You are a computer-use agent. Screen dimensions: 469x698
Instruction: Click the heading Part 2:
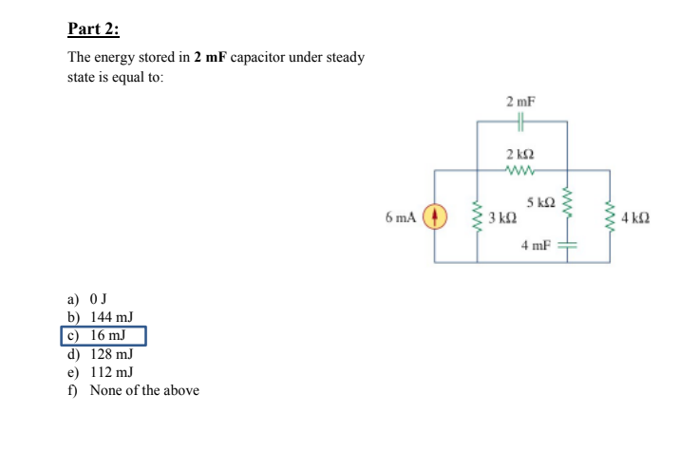tap(93, 27)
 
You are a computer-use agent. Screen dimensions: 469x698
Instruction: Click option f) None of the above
tap(133, 390)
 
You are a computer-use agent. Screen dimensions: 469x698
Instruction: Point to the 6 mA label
tap(401, 217)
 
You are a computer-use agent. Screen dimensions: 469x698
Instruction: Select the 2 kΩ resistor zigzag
tap(521, 171)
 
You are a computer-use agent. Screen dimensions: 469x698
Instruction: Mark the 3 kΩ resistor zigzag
tap(478, 217)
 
